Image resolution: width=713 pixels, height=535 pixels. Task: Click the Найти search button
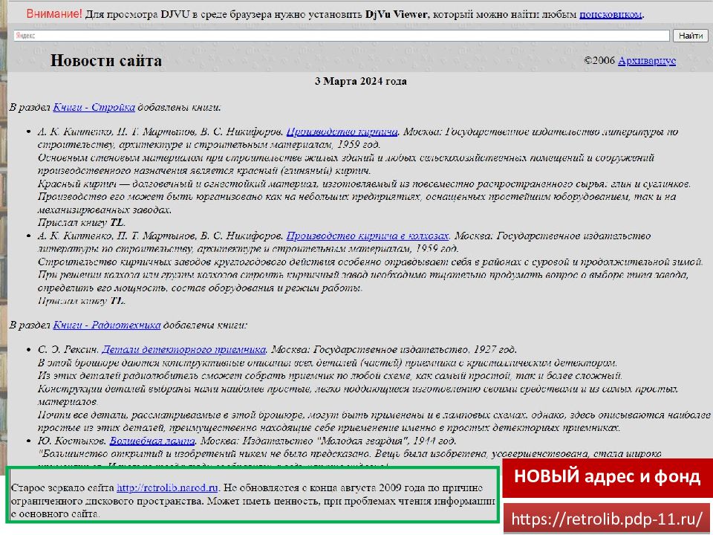click(691, 36)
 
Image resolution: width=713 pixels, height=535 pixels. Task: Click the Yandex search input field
click(342, 36)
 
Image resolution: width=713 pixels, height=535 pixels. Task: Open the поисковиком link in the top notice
click(611, 14)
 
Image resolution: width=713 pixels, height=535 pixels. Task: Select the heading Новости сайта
click(105, 61)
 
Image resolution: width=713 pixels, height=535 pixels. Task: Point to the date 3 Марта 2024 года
click(361, 81)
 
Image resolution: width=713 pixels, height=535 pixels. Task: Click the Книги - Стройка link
click(94, 108)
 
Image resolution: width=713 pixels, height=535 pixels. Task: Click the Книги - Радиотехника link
click(107, 325)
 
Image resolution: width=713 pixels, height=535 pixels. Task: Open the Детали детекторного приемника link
click(183, 348)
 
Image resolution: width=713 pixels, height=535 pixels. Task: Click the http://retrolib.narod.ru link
click(167, 488)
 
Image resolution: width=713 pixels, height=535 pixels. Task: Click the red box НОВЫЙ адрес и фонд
click(607, 476)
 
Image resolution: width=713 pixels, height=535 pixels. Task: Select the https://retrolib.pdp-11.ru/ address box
click(608, 517)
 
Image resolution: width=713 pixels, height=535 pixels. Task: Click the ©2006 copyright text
click(600, 61)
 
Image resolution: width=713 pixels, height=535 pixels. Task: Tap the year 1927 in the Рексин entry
click(481, 348)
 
